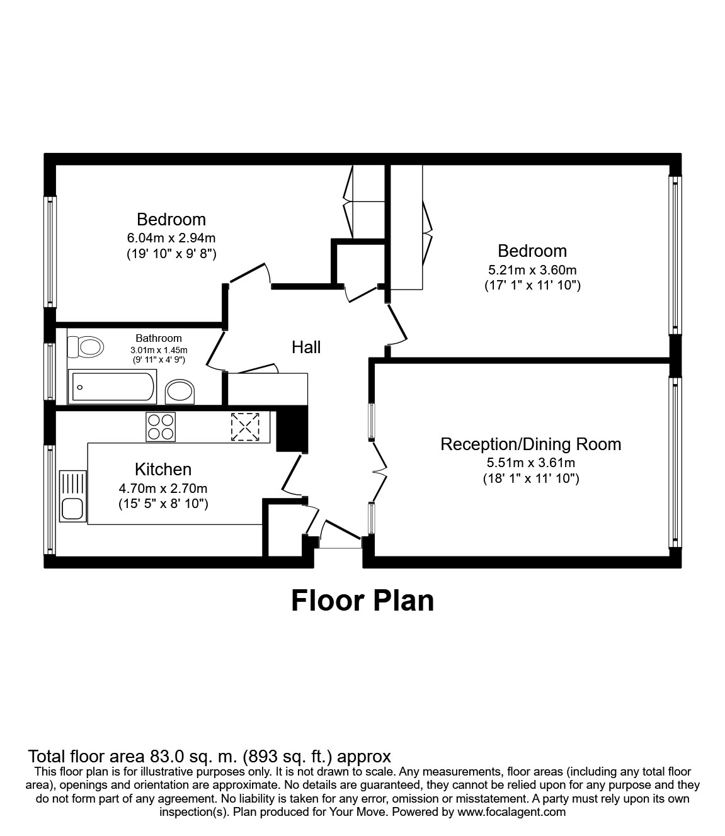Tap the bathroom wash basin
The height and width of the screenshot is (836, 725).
(x=180, y=392)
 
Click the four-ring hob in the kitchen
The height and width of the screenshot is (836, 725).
(x=161, y=426)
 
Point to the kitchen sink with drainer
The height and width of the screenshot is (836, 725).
(x=72, y=496)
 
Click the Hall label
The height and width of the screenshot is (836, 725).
(x=306, y=347)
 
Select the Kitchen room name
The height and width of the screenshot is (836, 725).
(x=163, y=469)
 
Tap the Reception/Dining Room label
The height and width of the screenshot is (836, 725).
(x=530, y=444)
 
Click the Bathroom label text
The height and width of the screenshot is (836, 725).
(x=159, y=338)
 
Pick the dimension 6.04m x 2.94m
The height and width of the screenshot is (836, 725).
(x=171, y=238)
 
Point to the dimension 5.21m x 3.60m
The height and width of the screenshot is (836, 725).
(x=532, y=269)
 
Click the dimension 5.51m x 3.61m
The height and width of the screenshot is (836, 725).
(x=530, y=463)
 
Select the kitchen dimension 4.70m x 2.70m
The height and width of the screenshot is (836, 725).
(x=163, y=488)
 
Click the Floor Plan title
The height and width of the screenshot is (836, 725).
(x=362, y=601)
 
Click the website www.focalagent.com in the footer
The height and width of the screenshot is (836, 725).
(x=511, y=811)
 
